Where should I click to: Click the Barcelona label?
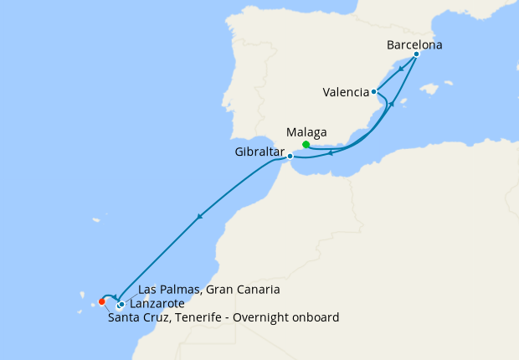point(414,44)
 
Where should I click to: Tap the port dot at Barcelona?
point(416,54)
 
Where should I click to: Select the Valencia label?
point(346,92)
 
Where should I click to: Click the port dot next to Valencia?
point(373,92)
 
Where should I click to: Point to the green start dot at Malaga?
point(306,145)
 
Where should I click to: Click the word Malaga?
point(306,132)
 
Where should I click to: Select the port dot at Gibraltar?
point(290,156)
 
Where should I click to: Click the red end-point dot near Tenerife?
point(101,301)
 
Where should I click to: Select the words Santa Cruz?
point(136,317)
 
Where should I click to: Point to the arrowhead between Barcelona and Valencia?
point(401,69)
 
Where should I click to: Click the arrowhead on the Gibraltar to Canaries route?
point(198,218)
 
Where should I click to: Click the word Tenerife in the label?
point(193,317)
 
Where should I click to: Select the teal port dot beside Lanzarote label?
point(122,304)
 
